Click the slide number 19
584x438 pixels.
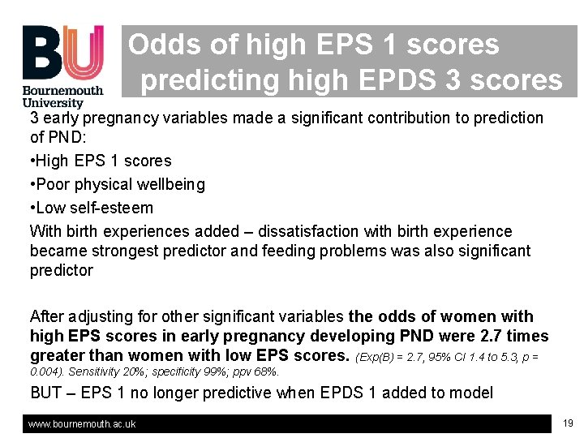568,423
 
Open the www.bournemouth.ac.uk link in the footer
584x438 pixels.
82,423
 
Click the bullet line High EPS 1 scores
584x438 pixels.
101,161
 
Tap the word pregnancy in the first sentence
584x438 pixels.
107,118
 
